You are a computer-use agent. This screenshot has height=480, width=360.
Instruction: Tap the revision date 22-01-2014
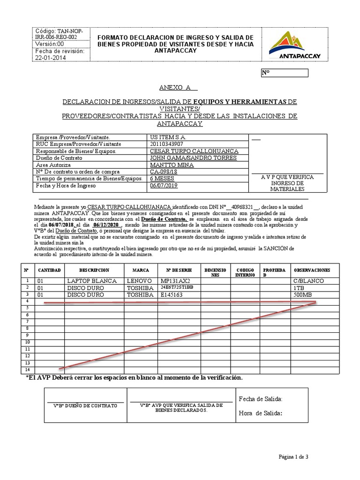tap(51, 58)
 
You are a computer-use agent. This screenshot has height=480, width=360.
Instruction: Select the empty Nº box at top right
tap(284, 73)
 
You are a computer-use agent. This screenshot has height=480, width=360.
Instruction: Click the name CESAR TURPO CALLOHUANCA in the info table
tap(194, 151)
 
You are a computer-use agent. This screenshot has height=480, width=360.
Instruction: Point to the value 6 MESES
tap(162, 179)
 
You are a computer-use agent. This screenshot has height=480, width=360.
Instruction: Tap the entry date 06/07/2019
tap(164, 186)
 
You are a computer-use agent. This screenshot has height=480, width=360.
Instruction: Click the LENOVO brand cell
tap(140, 280)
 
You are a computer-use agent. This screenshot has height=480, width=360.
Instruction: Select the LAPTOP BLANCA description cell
tap(92, 280)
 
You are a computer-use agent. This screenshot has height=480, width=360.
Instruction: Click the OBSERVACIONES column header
tap(312, 270)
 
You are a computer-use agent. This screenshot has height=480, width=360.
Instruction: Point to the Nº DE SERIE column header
tap(179, 270)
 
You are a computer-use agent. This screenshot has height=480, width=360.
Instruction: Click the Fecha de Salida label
tap(261, 399)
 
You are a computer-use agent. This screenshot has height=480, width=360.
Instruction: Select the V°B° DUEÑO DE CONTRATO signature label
tap(85, 405)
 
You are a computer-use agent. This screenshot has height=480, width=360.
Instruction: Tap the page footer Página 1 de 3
tap(293, 457)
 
